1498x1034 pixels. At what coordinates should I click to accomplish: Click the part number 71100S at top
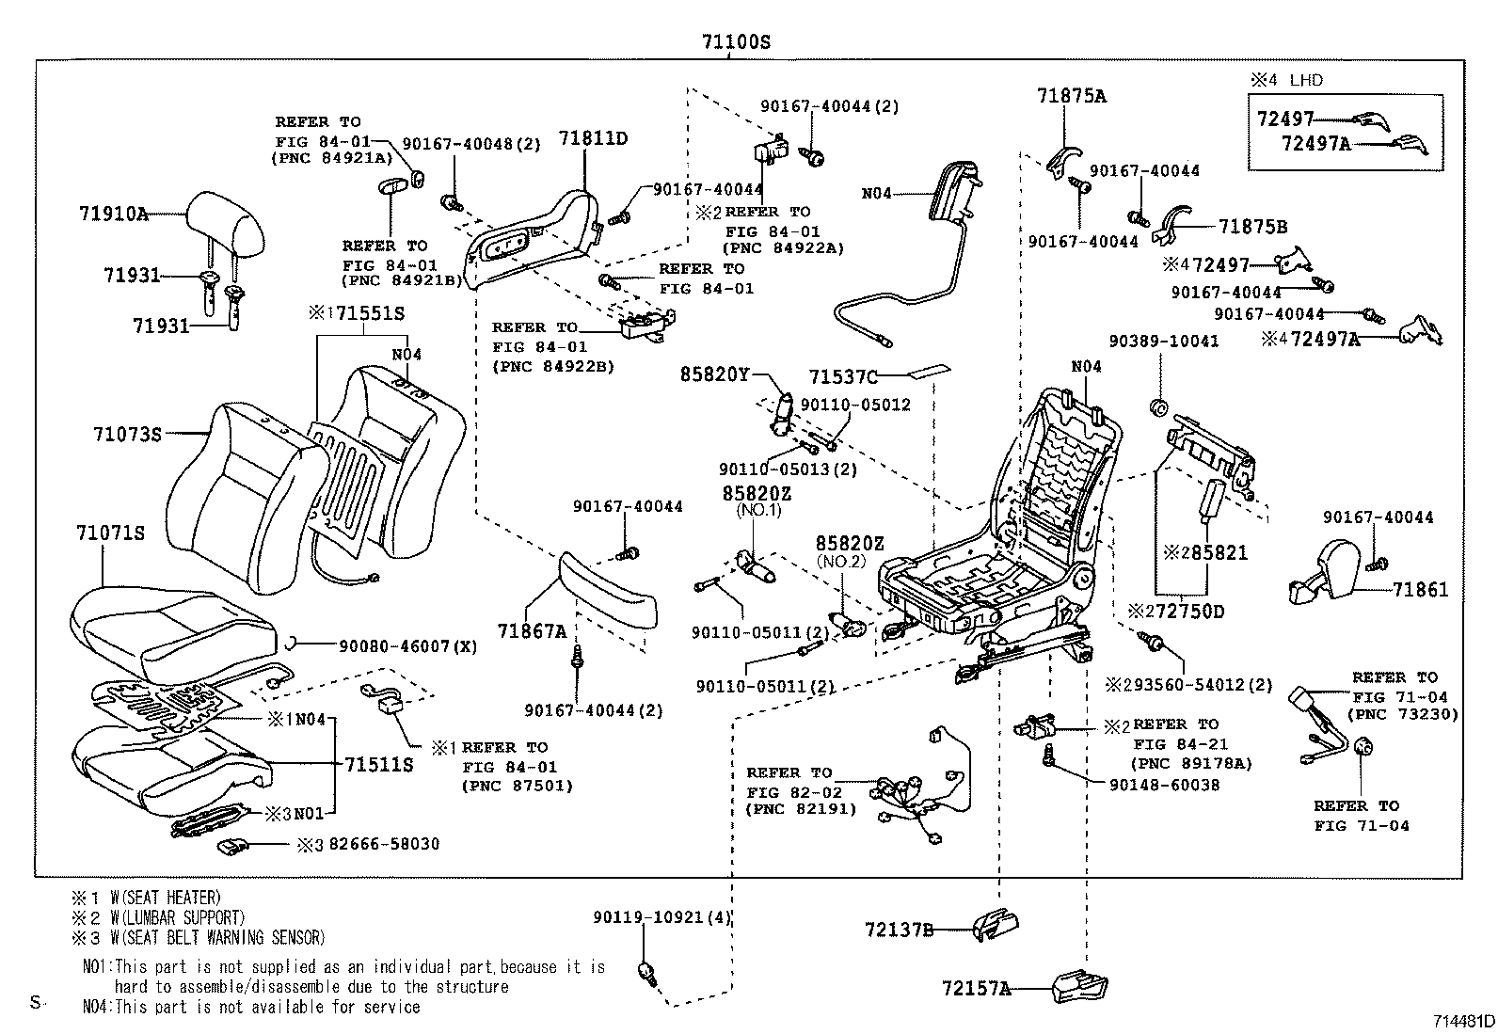pos(736,42)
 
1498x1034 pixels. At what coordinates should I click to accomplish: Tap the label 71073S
pos(127,434)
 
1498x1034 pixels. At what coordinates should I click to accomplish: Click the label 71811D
pos(593,138)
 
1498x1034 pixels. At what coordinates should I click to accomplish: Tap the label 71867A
pos(532,631)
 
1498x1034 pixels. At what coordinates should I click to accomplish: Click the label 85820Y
pos(715,374)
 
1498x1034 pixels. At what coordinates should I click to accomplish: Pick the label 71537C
pos(843,377)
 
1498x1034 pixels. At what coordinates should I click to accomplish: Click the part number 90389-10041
pos(1163,341)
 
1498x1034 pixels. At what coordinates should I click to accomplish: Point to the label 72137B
pos(899,930)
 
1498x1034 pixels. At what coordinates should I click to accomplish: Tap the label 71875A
pos(1072,95)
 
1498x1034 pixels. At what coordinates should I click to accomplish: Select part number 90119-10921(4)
pos(662,916)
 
